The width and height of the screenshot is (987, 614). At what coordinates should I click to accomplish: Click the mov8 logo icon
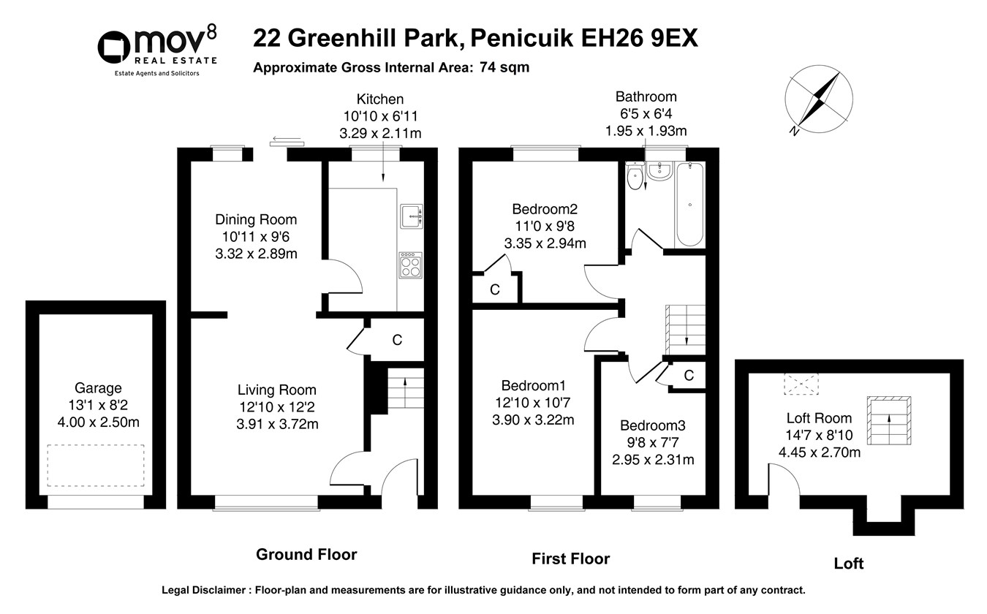coord(113,48)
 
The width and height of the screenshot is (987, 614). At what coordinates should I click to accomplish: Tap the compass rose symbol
coord(819,99)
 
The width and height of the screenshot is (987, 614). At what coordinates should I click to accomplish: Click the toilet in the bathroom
coord(635,176)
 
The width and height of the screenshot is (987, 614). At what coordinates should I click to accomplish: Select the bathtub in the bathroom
coord(689,205)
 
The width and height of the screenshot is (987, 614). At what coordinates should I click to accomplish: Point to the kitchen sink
coord(412,216)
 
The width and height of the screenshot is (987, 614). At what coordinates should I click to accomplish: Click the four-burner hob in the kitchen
coord(411,265)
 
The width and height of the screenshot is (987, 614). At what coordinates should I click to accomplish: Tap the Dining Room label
coord(256,219)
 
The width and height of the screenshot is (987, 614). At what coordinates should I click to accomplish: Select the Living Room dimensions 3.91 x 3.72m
coord(277,424)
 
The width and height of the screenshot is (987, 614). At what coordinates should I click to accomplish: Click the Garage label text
coord(98,388)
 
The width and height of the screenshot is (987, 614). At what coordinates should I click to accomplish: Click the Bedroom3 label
coord(653,425)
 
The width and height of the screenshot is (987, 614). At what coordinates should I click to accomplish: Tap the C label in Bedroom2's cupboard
coord(495,289)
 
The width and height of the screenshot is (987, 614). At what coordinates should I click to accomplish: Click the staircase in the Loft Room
coord(889,420)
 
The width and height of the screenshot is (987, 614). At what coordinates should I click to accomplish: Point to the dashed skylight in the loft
coord(801,384)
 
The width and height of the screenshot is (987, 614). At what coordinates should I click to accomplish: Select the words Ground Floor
coord(306,555)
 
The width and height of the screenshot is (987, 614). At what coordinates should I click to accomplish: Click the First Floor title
coord(570,559)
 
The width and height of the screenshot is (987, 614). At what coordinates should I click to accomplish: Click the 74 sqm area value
coord(504,67)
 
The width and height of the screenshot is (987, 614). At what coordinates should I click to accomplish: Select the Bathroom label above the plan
coord(646,96)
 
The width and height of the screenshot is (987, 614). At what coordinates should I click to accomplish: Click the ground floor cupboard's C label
coord(397,340)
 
